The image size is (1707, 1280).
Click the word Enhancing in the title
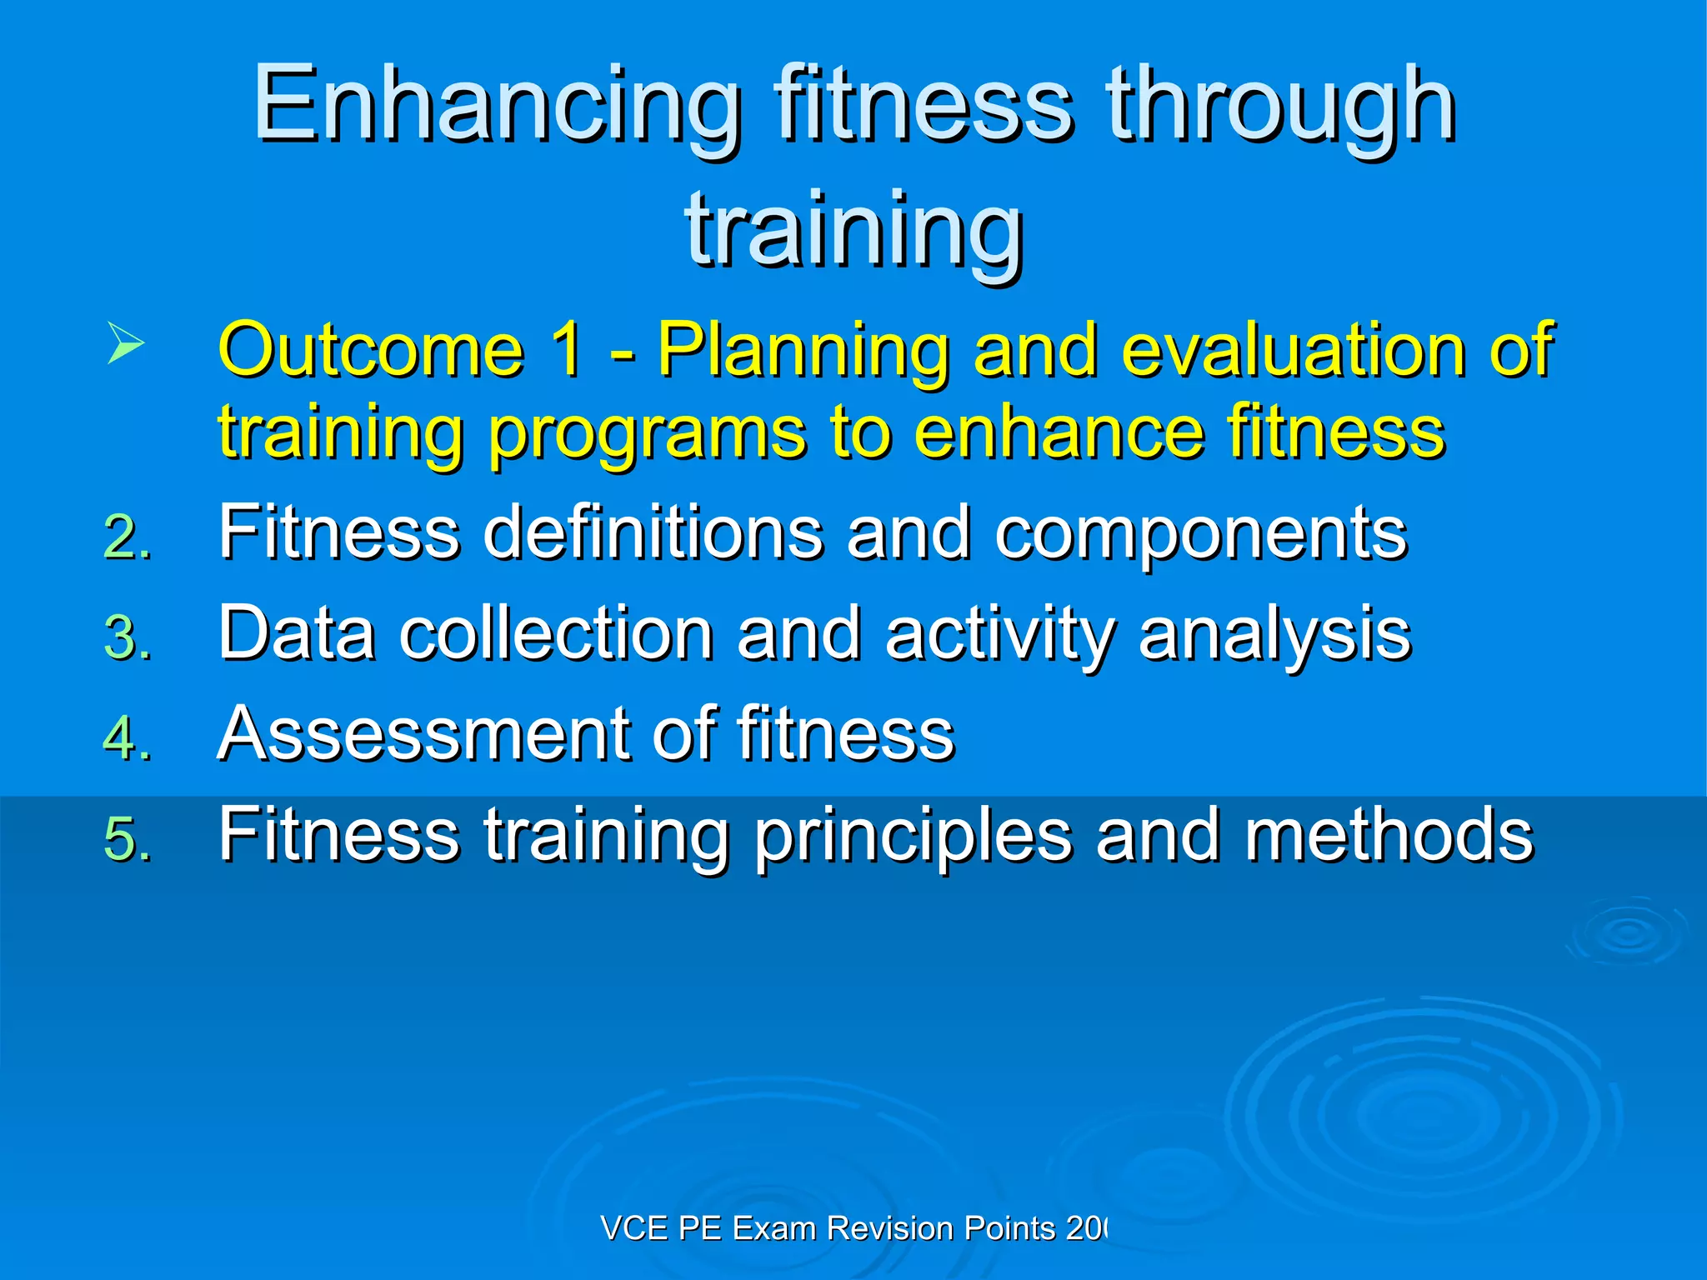(498, 107)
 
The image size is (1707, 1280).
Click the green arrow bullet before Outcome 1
(126, 344)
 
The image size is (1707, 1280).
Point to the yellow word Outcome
(371, 350)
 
